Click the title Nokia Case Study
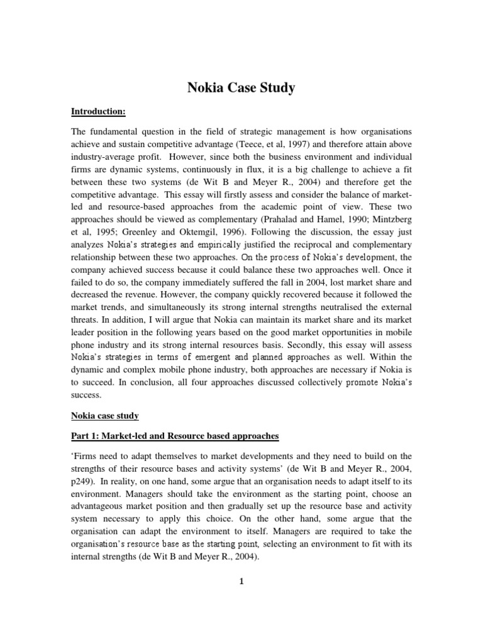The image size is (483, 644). coord(241,87)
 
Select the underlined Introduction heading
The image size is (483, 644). coord(98,111)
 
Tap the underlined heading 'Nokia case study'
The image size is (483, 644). coord(104,416)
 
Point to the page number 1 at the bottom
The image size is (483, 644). coord(241,581)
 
